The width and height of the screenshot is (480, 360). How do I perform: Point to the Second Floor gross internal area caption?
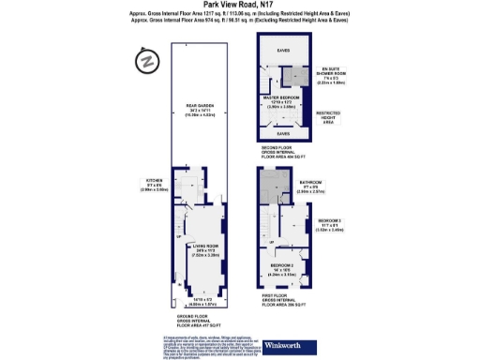283,152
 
